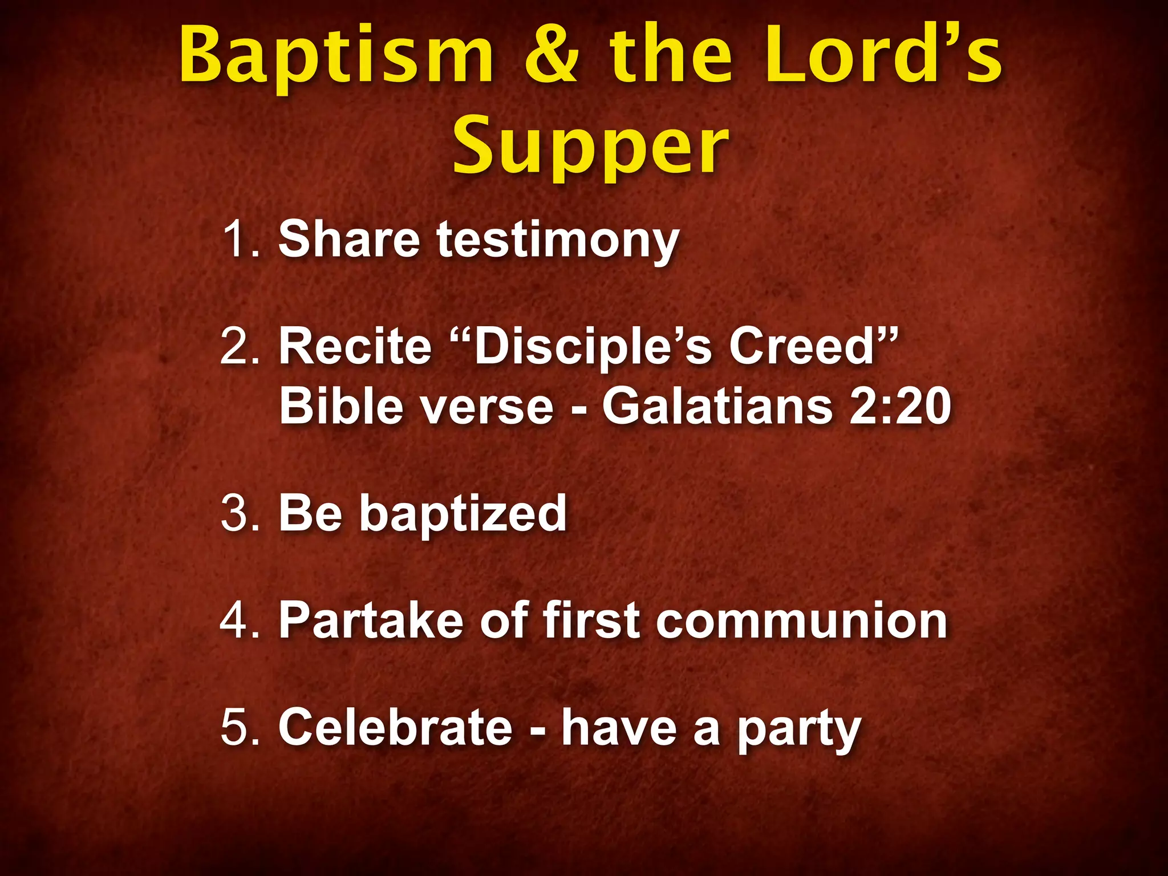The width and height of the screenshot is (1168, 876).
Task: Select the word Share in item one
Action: tap(349, 240)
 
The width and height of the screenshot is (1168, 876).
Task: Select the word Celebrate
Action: tap(395, 727)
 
